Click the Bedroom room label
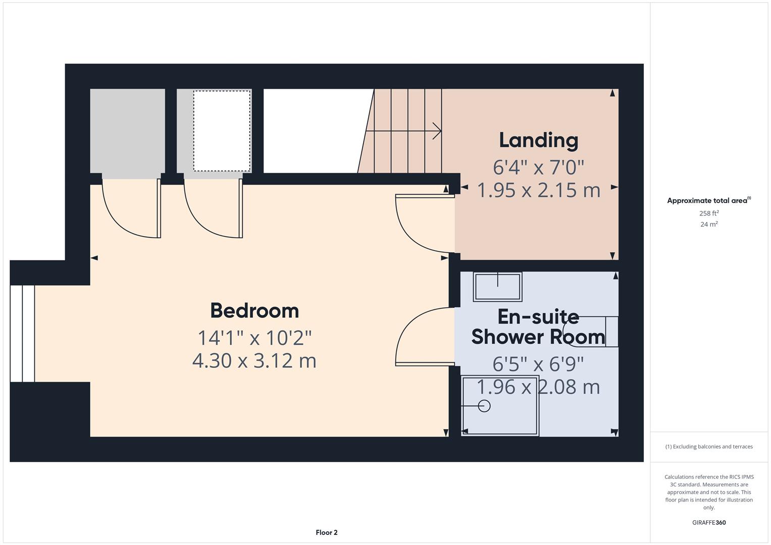[254, 310]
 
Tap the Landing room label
[538, 140]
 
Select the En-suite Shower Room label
[538, 326]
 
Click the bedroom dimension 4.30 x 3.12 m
[254, 361]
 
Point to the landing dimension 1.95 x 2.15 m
[538, 190]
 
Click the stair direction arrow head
[437, 131]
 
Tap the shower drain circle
[484, 406]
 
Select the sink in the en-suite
[497, 287]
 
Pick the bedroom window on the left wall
[22, 333]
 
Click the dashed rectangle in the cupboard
[222, 131]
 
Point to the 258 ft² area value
[709, 213]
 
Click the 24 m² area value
[709, 225]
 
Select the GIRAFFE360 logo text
[709, 522]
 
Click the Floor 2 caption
[326, 532]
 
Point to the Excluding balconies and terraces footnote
[709, 447]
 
